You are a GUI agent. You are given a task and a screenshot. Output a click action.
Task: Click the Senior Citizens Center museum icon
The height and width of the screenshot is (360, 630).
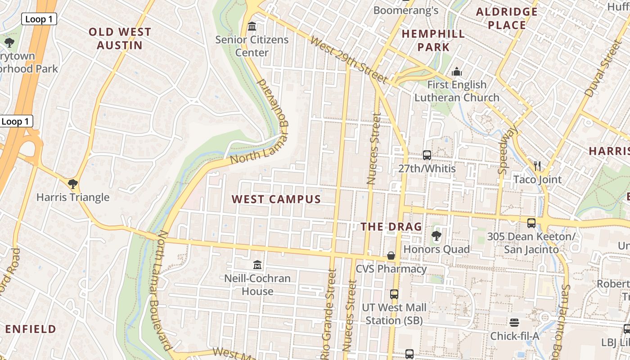pyautogui.click(x=252, y=27)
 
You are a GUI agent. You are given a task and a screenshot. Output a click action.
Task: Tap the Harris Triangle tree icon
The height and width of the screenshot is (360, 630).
pyautogui.click(x=72, y=184)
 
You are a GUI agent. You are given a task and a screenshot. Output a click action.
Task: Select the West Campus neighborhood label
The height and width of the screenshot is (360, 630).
pyautogui.click(x=276, y=199)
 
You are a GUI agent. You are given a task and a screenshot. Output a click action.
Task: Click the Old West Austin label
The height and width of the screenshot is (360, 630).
pyautogui.click(x=120, y=38)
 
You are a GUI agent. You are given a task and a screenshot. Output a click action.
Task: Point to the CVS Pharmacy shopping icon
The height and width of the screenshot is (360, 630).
pyautogui.click(x=391, y=256)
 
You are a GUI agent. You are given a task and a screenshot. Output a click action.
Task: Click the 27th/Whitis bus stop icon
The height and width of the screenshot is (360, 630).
pyautogui.click(x=427, y=155)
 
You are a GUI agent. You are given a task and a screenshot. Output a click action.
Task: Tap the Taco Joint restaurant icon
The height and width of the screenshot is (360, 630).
pyautogui.click(x=537, y=166)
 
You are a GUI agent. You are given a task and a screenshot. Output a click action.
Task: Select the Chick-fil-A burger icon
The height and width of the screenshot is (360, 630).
pyautogui.click(x=514, y=323)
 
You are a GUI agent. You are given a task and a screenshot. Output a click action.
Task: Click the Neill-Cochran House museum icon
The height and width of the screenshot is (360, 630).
pyautogui.click(x=257, y=265)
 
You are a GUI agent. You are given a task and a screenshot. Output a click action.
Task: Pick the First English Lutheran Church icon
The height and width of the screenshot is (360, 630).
pyautogui.click(x=457, y=72)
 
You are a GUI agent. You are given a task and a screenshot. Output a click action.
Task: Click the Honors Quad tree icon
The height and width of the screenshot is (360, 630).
pyautogui.click(x=436, y=235)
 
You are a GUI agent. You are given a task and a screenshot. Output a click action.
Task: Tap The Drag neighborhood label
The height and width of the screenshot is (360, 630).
pyautogui.click(x=391, y=227)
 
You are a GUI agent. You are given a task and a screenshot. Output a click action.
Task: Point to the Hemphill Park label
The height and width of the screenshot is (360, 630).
pyautogui.click(x=433, y=40)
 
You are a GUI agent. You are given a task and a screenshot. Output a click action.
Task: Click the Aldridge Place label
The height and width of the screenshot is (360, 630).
pyautogui.click(x=507, y=18)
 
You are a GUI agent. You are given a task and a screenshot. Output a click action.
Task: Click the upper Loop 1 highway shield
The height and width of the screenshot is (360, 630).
pyautogui.click(x=39, y=19)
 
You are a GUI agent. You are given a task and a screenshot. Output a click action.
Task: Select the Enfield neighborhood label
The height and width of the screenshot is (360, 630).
pyautogui.click(x=31, y=329)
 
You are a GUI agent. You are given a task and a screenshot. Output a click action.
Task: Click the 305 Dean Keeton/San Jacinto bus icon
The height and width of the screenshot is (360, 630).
pyautogui.click(x=531, y=223)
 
